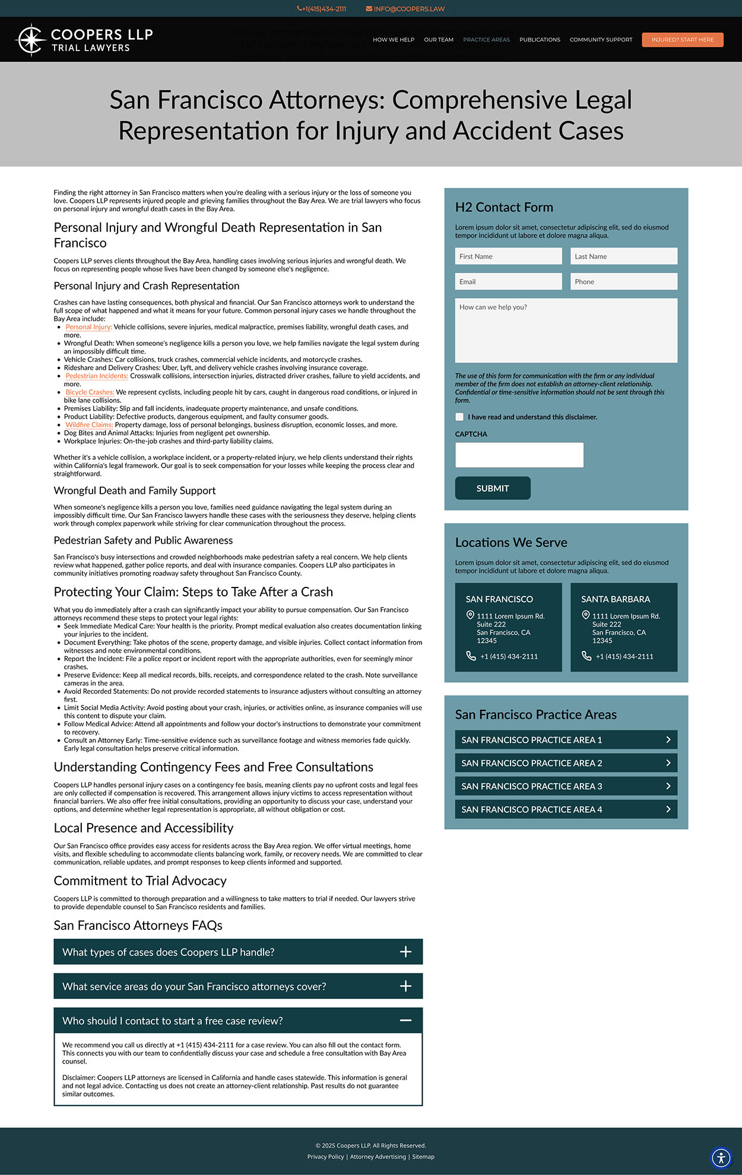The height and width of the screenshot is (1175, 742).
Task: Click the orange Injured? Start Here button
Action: pos(682,40)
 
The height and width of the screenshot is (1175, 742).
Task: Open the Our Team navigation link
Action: pos(438,40)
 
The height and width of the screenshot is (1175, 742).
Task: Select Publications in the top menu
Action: pos(540,40)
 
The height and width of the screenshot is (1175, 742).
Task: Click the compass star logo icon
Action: pos(30,40)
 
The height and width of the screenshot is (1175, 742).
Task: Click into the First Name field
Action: pos(508,256)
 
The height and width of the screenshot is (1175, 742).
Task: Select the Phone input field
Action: pos(623,282)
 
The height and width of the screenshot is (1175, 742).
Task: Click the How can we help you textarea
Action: pos(566,330)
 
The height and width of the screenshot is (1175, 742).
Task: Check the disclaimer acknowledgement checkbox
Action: pos(459,417)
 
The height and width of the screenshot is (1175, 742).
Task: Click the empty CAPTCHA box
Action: pos(519,455)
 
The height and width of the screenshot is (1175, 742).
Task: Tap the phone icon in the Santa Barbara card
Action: pos(586,656)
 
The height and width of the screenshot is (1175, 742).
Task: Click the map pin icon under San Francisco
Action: pos(470,615)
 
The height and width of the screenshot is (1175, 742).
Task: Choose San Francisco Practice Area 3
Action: pos(566,786)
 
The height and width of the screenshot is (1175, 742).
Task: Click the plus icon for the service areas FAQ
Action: pos(405,986)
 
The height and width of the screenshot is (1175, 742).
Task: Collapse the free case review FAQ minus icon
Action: pos(405,1020)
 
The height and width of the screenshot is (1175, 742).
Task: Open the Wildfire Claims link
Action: pos(89,425)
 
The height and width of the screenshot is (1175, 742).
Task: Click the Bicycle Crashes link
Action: pos(90,392)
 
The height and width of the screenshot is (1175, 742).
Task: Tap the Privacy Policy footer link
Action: pos(325,1157)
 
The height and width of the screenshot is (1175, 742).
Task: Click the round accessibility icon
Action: pos(721,1157)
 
